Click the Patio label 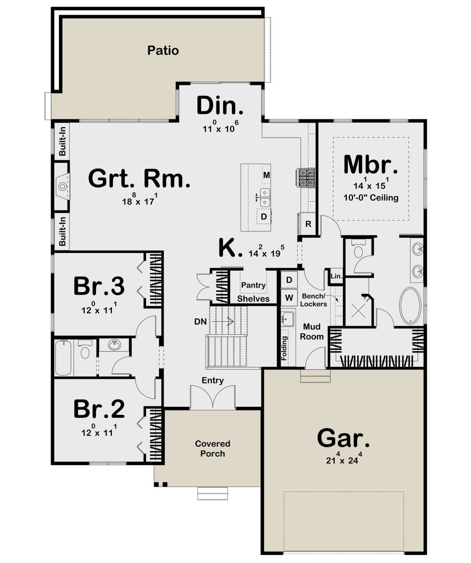click(x=163, y=51)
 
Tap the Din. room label click(x=219, y=106)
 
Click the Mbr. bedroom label click(x=371, y=165)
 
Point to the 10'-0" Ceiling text click(x=371, y=198)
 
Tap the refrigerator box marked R click(x=308, y=224)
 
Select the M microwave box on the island click(x=267, y=175)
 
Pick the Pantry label click(x=253, y=285)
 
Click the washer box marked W click(x=289, y=297)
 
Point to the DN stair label click(x=201, y=322)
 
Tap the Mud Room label click(x=312, y=332)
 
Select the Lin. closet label click(x=336, y=276)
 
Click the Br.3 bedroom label click(x=99, y=286)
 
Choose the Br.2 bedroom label click(x=99, y=409)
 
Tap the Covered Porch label click(x=212, y=448)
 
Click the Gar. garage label click(x=343, y=438)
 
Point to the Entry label click(x=212, y=380)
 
